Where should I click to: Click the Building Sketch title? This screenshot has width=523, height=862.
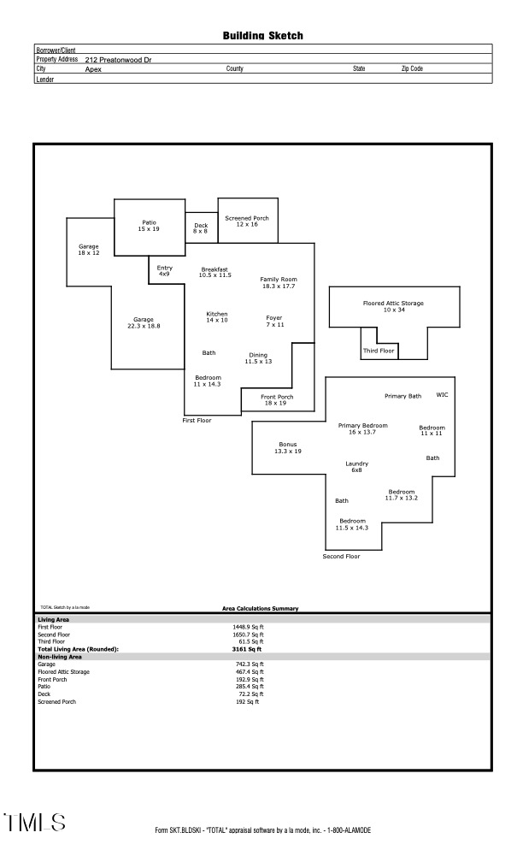pos(262,36)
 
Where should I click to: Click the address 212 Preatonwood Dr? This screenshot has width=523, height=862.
pos(119,60)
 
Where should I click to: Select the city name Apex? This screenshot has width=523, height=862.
pos(93,68)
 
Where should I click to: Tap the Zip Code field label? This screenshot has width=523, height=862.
pos(412,68)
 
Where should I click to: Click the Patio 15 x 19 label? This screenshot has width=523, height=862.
pos(149,226)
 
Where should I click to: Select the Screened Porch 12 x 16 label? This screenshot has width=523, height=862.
pos(247,221)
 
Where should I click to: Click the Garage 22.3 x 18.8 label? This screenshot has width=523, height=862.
pos(144,322)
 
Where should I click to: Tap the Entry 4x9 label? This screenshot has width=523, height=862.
pos(164,271)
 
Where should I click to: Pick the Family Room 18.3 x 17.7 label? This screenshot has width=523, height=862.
pos(279,282)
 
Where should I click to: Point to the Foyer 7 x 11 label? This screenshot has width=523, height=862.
pos(274,321)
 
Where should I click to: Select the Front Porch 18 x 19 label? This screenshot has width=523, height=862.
pos(277,399)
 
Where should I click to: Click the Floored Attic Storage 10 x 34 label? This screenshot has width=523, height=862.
pos(393,306)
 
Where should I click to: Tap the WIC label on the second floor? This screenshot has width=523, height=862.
pos(442,395)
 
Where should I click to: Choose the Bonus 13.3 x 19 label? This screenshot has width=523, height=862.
pos(288,447)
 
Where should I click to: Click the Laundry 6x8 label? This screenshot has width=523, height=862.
pos(356,467)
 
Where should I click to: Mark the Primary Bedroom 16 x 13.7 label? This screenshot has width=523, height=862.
pos(363,428)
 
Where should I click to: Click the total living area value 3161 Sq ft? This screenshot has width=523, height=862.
pos(247,649)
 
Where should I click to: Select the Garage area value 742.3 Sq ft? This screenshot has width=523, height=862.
pos(250,664)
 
